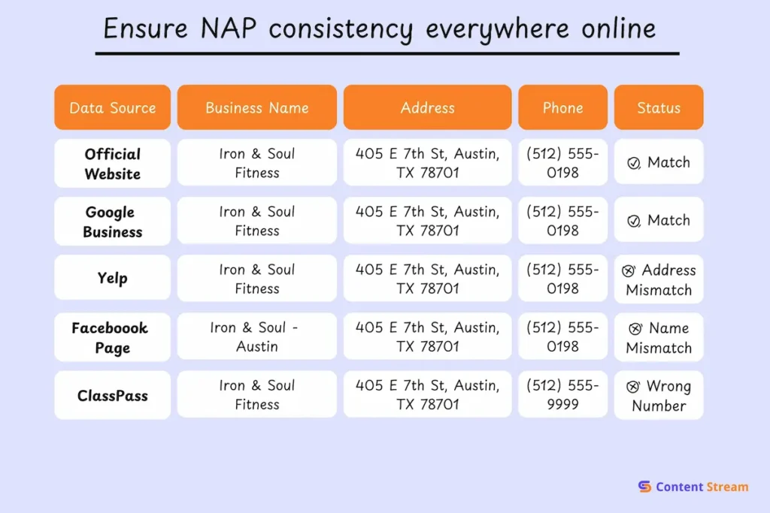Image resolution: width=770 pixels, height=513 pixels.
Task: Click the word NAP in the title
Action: (x=229, y=28)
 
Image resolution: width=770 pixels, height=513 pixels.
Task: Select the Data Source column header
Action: (x=113, y=107)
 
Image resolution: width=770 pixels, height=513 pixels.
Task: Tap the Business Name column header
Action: (x=257, y=107)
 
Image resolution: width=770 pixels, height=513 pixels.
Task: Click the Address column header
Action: (x=427, y=107)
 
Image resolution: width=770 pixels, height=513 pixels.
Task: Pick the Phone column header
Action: (x=562, y=107)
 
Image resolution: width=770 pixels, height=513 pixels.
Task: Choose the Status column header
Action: (x=659, y=107)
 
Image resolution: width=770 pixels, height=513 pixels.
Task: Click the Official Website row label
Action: (x=113, y=163)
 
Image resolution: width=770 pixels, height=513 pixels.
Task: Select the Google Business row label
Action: (x=113, y=221)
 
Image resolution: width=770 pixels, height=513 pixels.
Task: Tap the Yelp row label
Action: (x=113, y=278)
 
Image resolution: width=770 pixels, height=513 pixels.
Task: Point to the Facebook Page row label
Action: (x=113, y=337)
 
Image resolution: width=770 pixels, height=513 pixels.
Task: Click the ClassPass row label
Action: (x=113, y=395)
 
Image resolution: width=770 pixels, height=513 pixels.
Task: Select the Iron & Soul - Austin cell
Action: (x=257, y=336)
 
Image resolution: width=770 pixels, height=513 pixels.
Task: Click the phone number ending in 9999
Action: (x=562, y=394)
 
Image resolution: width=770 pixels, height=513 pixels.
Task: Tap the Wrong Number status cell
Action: (x=659, y=395)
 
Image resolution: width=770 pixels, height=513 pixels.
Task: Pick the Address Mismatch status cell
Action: (x=659, y=279)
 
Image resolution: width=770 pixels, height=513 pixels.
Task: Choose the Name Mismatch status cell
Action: (x=659, y=337)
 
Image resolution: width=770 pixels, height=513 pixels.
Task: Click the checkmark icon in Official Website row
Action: (x=633, y=163)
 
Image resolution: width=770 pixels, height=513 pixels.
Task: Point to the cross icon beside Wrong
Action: (x=633, y=387)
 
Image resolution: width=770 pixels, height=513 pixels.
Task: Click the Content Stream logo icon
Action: (x=644, y=486)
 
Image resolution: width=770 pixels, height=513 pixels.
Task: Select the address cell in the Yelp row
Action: (x=427, y=279)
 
